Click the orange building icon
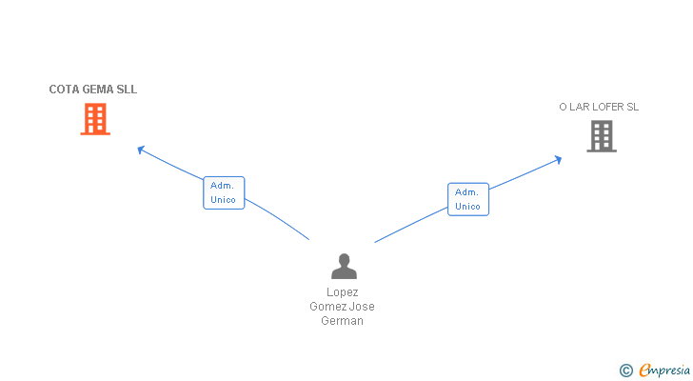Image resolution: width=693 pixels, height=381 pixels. [x=95, y=119]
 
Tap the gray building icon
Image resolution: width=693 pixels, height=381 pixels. [x=601, y=136]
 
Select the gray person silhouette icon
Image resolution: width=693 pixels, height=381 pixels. [x=344, y=266]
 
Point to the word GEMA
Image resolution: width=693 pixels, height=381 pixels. [x=100, y=90]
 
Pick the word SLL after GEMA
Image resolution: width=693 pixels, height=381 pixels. [x=128, y=90]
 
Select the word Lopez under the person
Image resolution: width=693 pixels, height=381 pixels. [x=343, y=292]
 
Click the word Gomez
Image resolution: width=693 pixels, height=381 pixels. [x=328, y=307]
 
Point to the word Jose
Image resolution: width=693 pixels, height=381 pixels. [x=362, y=307]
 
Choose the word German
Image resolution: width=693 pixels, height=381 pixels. [x=343, y=321]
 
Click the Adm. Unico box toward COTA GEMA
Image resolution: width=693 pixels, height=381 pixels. [x=224, y=192]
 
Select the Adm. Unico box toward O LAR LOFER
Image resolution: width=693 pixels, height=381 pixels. [x=467, y=199]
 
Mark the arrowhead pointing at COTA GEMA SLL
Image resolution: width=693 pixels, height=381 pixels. [x=140, y=148]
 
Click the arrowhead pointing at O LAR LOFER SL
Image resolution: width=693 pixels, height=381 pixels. [x=558, y=159]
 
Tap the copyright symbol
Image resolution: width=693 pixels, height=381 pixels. [x=625, y=371]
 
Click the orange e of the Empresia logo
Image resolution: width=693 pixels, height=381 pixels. [x=644, y=371]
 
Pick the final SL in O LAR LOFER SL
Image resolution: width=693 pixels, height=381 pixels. [x=633, y=107]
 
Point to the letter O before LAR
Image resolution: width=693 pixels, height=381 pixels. [x=563, y=107]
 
